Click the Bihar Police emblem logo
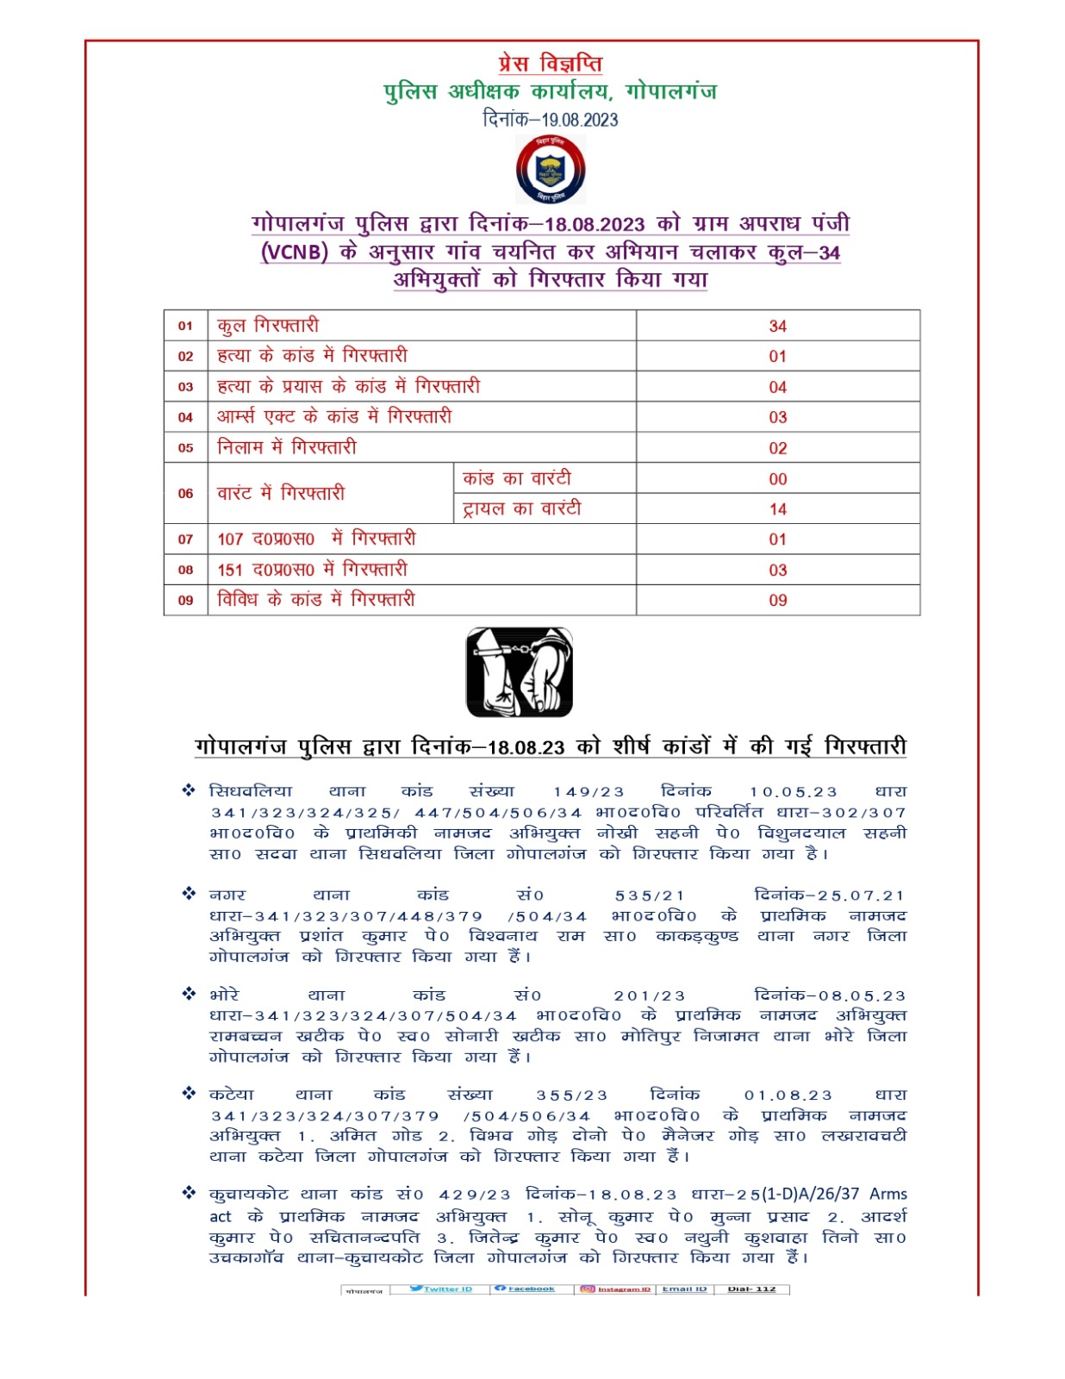[551, 170]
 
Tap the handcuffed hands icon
[520, 672]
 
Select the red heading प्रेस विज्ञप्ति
[550, 64]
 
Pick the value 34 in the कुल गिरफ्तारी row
[777, 326]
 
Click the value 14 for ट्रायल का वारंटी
[777, 509]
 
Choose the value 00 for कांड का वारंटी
[777, 479]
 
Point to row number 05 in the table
[185, 448]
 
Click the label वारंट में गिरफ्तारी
[281, 493]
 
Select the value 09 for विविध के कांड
[777, 601]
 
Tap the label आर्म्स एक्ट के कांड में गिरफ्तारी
[334, 417]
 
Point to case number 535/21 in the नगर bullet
[650, 896]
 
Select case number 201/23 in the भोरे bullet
[649, 996]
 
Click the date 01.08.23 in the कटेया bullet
[788, 1095]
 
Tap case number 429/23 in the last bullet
[474, 1195]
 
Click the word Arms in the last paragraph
[887, 1195]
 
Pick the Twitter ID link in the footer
[442, 1289]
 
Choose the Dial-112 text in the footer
[751, 1289]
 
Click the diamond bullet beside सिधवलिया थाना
[189, 790]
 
